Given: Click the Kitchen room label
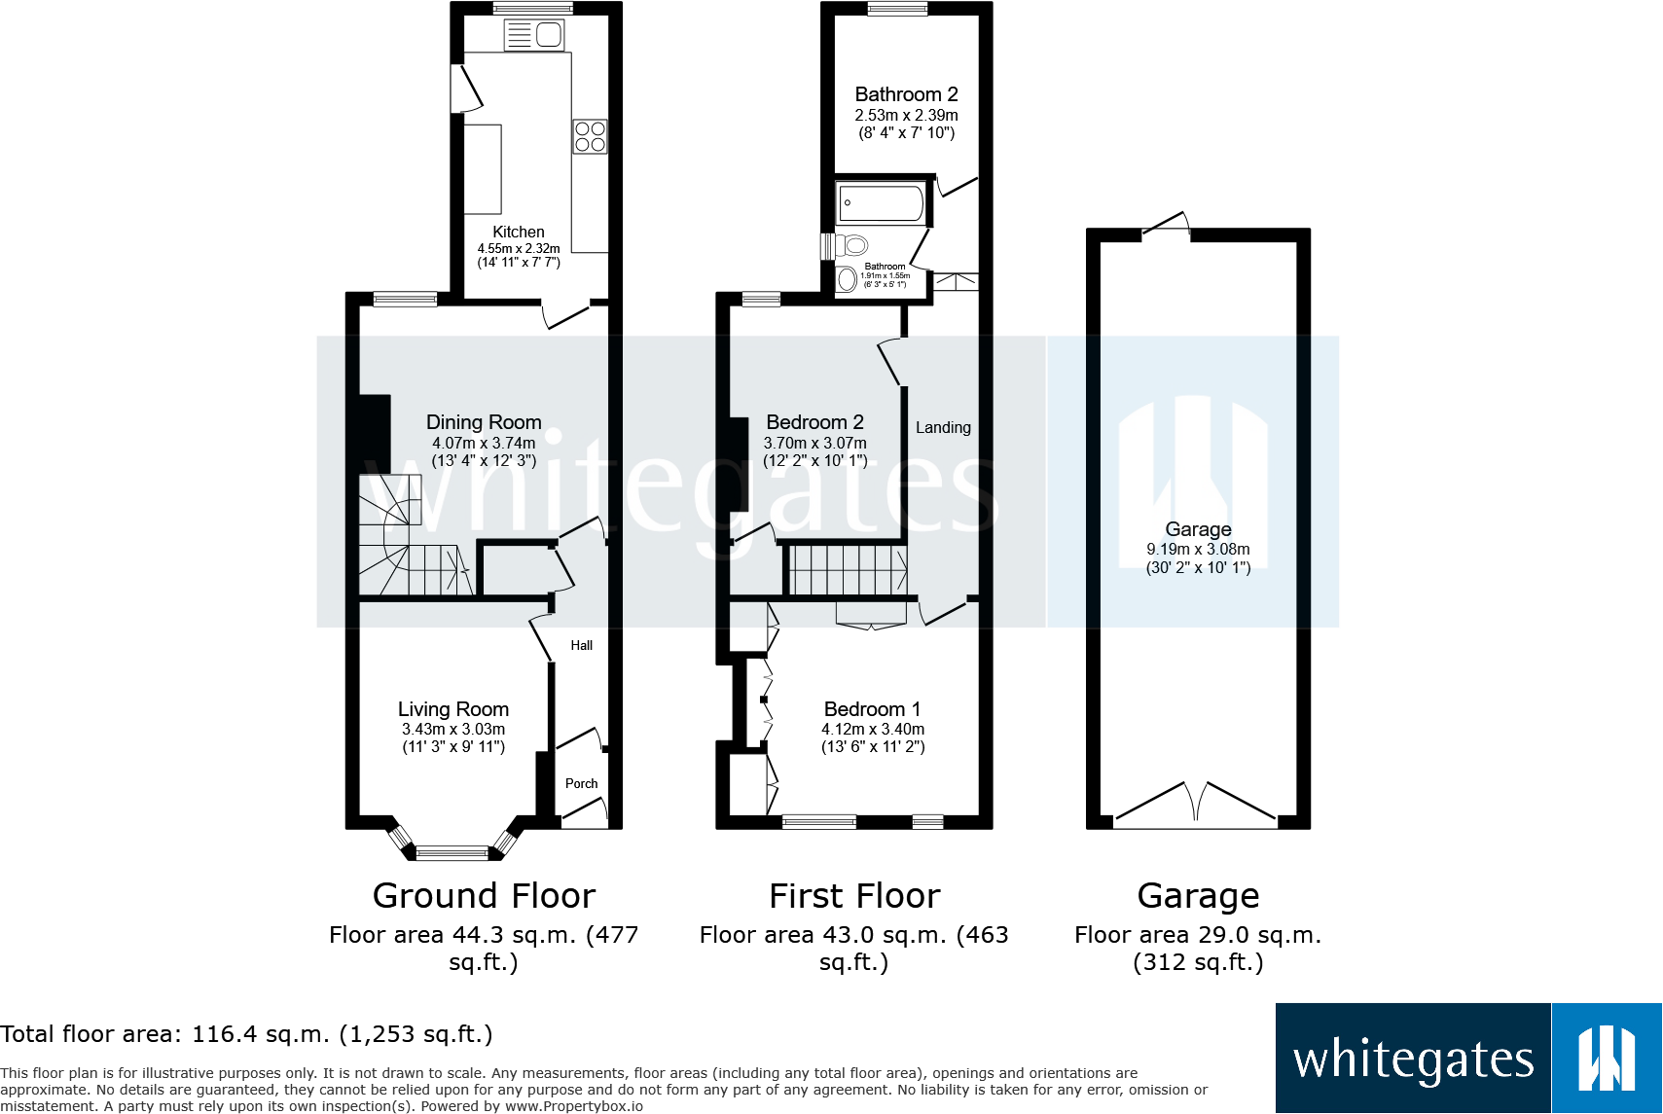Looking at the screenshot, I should point(518,232).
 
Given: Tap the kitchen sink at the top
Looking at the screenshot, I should point(534,36).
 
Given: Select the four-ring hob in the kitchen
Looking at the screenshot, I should point(590,136).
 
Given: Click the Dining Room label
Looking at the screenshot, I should point(484,422).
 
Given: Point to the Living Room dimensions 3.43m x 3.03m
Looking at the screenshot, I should point(453,729).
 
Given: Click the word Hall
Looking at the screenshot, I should point(581,645).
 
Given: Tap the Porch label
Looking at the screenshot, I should point(581,783).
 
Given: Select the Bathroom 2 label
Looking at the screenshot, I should point(906,94).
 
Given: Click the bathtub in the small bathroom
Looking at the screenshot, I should point(882,203).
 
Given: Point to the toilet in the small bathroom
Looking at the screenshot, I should point(852,245).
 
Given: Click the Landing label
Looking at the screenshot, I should point(942,427).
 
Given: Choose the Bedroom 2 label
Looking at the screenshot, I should point(814,422).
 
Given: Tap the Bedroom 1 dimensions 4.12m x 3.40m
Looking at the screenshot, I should point(873,729).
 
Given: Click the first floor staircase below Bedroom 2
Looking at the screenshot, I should point(847,570).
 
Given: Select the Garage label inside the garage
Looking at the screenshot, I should point(1198,529).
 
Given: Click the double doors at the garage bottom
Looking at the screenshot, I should point(1196,804).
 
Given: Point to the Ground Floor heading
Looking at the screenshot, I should point(484,895).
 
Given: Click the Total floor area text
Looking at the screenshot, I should point(246,1033).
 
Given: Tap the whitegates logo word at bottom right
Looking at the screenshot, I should point(1413,1060).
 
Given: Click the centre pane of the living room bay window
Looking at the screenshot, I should point(452,853).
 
